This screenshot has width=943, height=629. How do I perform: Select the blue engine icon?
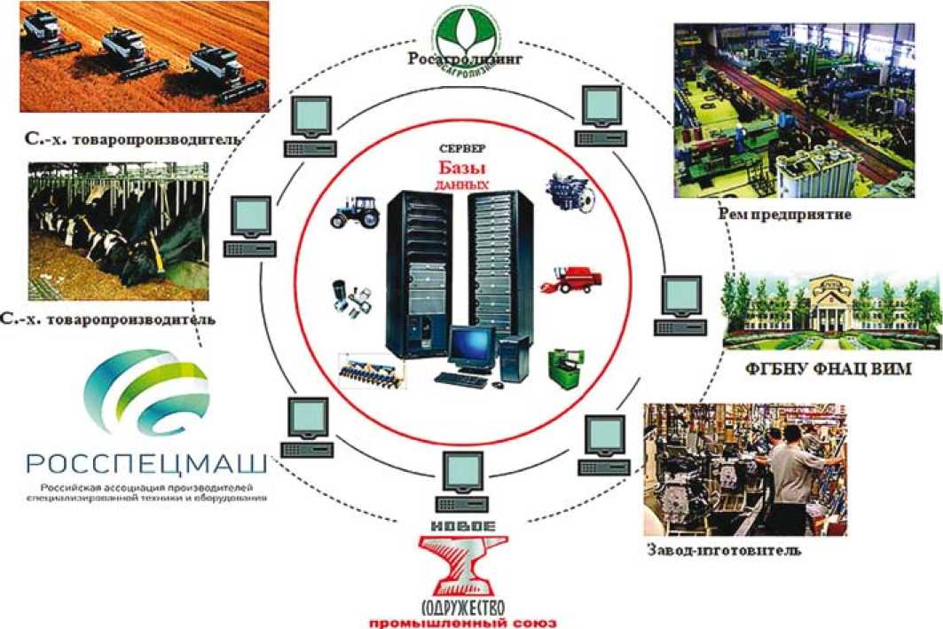pyautogui.click(x=563, y=190)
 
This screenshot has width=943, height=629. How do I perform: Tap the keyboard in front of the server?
pyautogui.click(x=460, y=380)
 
